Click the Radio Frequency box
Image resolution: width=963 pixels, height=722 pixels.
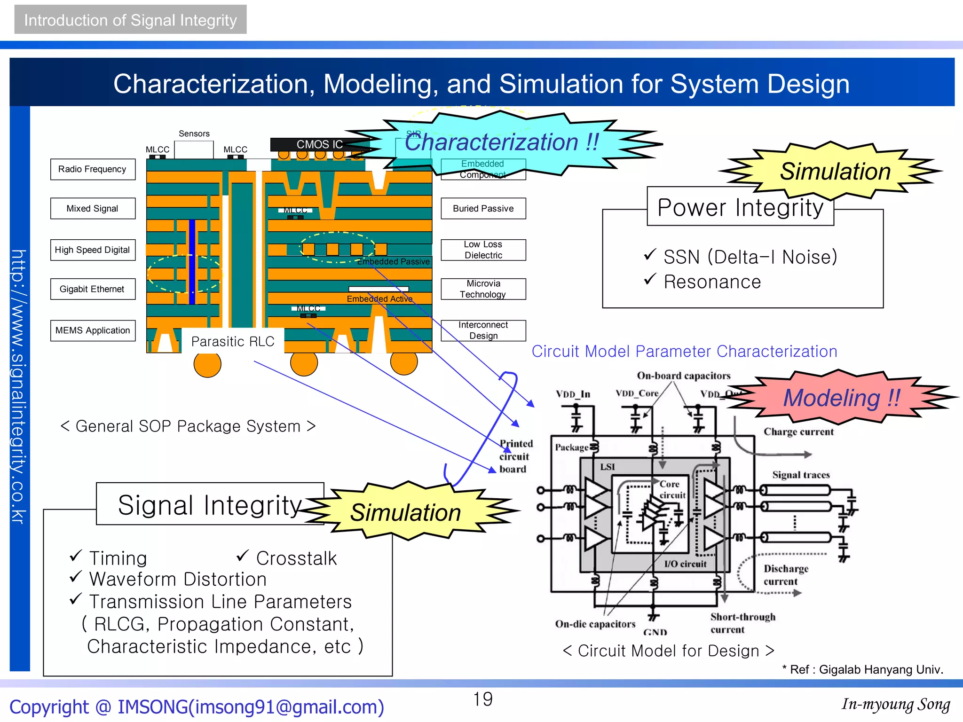[93, 169]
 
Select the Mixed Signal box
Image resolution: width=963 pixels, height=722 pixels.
[93, 208]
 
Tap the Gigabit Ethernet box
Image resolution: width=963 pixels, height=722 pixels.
[93, 289]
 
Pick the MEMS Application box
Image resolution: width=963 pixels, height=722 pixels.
[93, 330]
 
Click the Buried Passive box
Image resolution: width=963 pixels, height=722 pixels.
[483, 208]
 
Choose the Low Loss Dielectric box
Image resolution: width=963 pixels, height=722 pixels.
[483, 250]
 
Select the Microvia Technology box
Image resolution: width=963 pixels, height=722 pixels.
[483, 289]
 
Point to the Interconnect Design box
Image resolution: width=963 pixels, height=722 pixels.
[483, 330]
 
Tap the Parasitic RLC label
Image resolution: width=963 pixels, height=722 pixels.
[233, 341]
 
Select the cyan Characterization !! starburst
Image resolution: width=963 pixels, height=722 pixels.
[501, 142]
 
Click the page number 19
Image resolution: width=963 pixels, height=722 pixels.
[483, 699]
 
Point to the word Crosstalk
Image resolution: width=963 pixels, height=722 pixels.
[296, 558]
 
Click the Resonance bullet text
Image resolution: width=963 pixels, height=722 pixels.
[712, 282]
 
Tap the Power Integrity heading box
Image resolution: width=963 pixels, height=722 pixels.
[740, 207]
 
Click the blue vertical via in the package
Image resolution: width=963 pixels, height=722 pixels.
[192, 262]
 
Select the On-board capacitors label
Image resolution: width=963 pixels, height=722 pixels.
[683, 376]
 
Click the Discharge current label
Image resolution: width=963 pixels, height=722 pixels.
[785, 575]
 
